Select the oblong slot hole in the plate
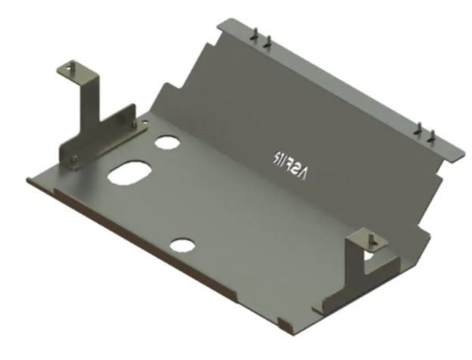pos(130,172)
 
